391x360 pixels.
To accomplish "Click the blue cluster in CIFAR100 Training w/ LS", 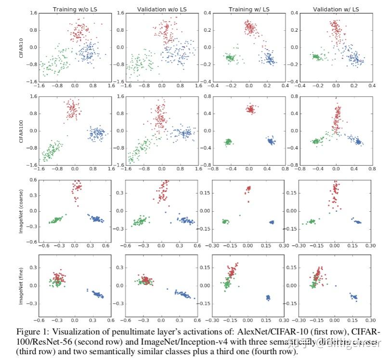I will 271,141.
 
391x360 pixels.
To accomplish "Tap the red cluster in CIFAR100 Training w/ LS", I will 250,109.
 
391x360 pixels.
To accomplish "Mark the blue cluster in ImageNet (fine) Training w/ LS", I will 268,297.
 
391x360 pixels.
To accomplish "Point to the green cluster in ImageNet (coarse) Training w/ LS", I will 225,221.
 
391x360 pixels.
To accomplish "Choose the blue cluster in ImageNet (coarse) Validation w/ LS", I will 357,221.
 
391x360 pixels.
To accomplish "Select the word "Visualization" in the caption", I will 72,333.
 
